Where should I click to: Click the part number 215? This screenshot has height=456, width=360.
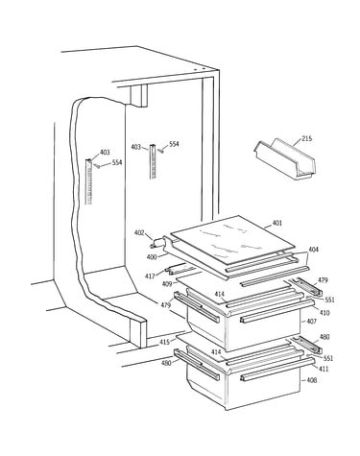coord(306,139)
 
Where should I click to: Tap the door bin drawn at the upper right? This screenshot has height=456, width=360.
coord(285,158)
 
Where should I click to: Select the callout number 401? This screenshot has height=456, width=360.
coord(277,223)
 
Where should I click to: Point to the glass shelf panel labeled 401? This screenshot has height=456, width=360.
coord(232,239)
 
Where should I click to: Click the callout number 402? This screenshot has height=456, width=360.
coord(139,233)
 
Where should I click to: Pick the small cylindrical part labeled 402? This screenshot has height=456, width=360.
coord(157,243)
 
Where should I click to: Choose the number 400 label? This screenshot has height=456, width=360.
coord(152,256)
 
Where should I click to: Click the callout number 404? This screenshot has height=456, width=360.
coord(313,250)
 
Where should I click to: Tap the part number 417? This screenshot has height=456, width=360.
coord(150,276)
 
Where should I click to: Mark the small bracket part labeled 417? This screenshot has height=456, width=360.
coord(180,269)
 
